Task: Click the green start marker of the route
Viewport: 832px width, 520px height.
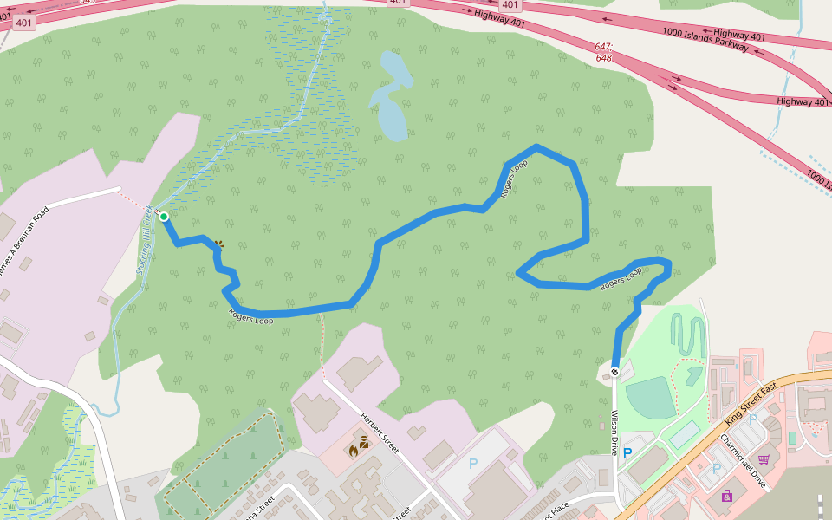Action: click(163, 216)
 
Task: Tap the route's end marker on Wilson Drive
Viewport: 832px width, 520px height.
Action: click(614, 372)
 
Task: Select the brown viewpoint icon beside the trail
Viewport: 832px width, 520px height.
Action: click(219, 245)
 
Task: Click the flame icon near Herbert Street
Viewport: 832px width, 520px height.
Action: click(354, 450)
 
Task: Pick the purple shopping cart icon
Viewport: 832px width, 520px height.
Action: click(764, 459)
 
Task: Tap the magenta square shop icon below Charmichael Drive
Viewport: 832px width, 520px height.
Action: click(726, 496)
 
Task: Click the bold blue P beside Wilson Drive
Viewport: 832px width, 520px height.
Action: click(627, 452)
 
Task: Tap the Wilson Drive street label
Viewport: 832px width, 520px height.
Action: click(614, 432)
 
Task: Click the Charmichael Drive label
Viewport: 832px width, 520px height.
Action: click(744, 460)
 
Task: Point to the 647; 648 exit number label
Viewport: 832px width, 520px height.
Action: click(604, 52)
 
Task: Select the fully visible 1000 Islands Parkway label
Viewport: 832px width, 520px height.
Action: click(705, 39)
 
